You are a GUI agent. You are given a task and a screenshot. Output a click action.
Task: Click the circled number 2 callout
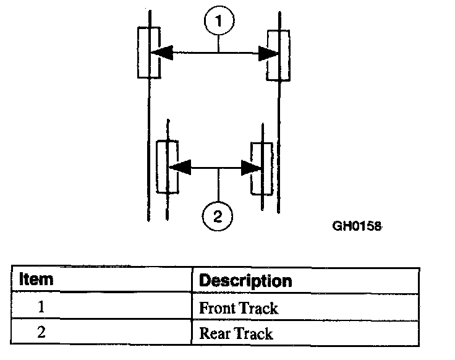(216, 216)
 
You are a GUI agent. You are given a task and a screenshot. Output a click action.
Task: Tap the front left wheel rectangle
(148, 53)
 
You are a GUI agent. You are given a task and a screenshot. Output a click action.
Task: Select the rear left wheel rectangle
(167, 167)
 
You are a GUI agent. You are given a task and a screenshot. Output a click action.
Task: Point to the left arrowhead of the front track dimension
(159, 53)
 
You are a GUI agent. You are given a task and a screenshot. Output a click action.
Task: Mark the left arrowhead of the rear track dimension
(178, 167)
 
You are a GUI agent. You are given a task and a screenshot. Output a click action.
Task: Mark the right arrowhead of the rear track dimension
(250, 167)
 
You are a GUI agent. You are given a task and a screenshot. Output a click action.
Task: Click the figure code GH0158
(357, 226)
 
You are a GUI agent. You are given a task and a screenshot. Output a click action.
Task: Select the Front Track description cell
(305, 307)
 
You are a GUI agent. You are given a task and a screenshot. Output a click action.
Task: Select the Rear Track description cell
(305, 333)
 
